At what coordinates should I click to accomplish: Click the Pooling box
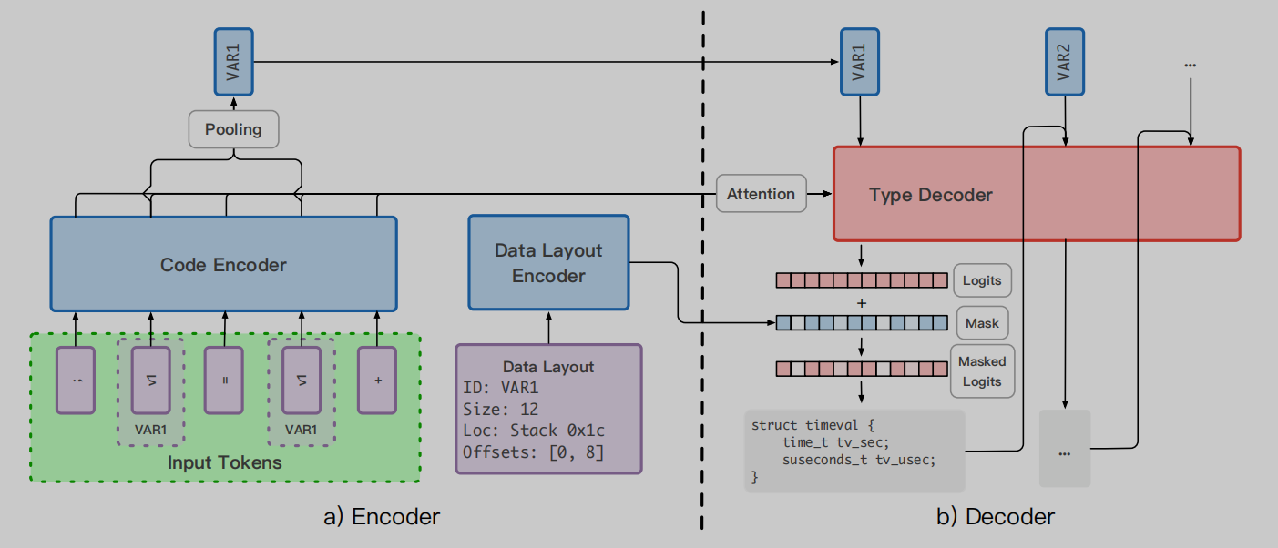click(233, 129)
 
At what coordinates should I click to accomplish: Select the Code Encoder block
click(223, 265)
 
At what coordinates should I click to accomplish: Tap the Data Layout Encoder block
click(548, 263)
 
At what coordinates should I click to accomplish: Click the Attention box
click(761, 194)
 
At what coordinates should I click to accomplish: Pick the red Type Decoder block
click(1037, 194)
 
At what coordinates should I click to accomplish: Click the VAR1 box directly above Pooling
click(233, 61)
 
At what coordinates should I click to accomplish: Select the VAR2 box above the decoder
click(1064, 61)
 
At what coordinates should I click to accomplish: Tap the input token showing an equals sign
click(224, 380)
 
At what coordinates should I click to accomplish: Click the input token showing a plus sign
click(377, 380)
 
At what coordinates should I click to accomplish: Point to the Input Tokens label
click(224, 462)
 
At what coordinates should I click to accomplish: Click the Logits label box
click(982, 280)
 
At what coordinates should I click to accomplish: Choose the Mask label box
click(982, 323)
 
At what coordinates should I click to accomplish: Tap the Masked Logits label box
click(981, 371)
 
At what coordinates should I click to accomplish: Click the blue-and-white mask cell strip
click(861, 323)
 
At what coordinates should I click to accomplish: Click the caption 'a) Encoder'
click(382, 517)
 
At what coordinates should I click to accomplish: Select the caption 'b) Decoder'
click(996, 517)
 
